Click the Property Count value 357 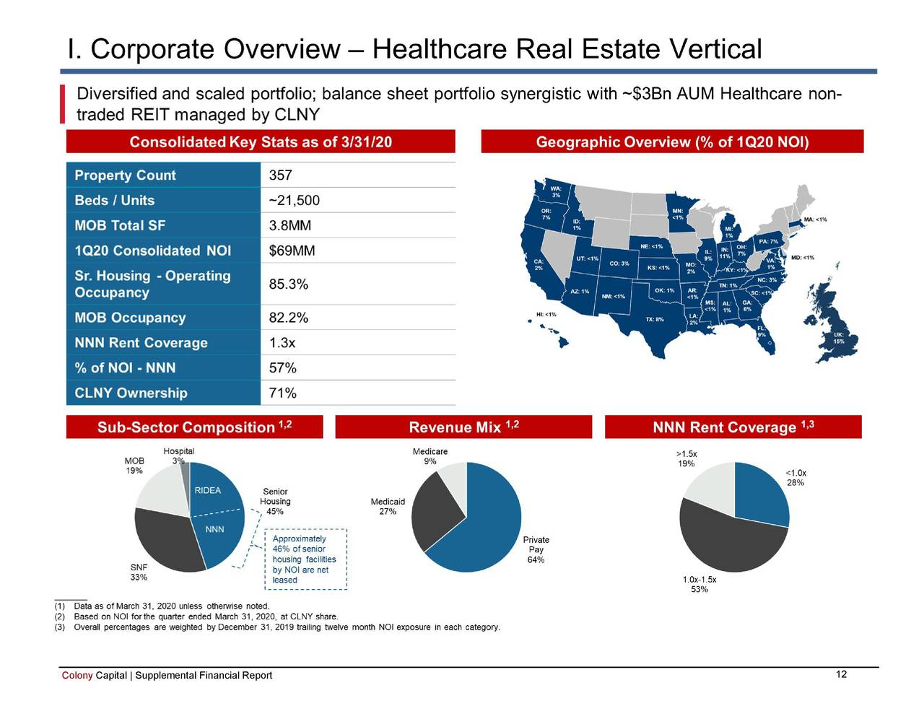(x=280, y=175)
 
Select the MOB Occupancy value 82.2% (x=288, y=318)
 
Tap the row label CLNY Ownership (x=131, y=393)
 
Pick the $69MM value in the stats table (x=292, y=251)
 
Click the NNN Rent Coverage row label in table (x=141, y=343)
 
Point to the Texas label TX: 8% (x=654, y=319)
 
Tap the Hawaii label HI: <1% (x=546, y=315)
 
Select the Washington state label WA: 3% (x=556, y=191)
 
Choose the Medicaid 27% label (x=388, y=507)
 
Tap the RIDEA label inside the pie (x=207, y=490)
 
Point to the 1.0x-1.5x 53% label (x=699, y=584)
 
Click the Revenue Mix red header (x=463, y=427)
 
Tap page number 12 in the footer (x=840, y=674)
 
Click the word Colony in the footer (x=77, y=676)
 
